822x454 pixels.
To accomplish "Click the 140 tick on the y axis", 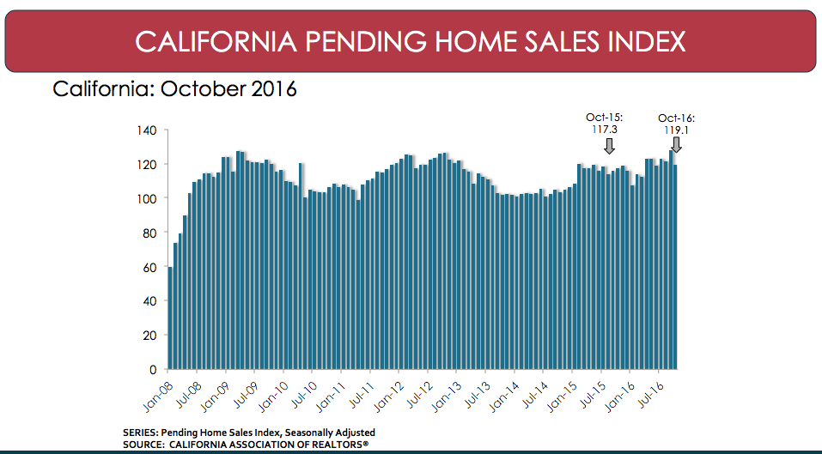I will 145,130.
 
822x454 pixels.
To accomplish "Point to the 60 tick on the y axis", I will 148,267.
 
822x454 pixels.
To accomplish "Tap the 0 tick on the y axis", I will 151,370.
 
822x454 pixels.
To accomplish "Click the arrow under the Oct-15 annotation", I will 609,146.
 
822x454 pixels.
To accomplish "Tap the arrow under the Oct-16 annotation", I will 676,146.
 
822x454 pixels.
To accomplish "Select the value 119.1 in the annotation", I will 676,129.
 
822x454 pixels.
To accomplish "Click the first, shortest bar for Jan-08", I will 170,318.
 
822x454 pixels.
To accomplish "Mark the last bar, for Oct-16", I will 675,267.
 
